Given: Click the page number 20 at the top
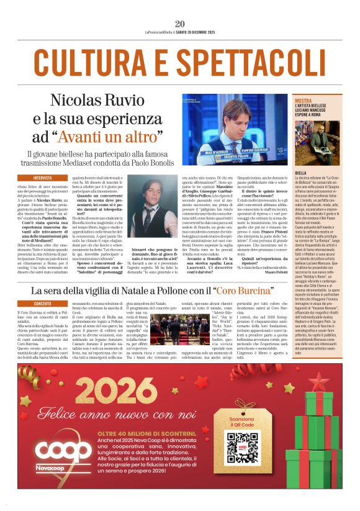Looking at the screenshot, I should pos(180,24).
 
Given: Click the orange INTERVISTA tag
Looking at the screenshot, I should pos(43,177).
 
